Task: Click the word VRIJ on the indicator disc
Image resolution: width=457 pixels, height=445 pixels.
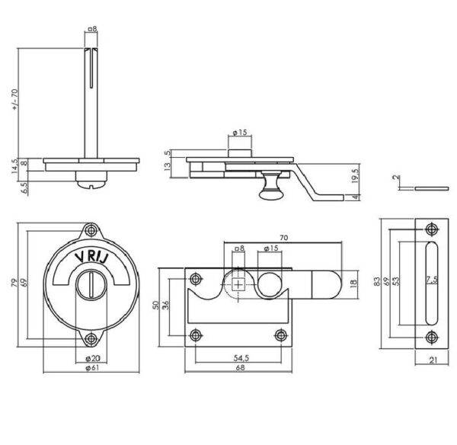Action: (91, 257)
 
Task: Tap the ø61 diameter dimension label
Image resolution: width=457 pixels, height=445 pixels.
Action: (92, 368)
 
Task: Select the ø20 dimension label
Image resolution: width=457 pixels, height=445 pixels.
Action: (92, 358)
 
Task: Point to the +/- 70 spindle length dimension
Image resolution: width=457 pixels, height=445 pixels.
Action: (15, 100)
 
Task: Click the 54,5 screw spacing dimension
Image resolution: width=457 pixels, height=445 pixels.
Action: (241, 358)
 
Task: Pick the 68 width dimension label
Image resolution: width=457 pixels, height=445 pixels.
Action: (240, 368)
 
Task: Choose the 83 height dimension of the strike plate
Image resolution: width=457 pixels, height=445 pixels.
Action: (377, 281)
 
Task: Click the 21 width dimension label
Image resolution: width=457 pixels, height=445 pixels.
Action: (433, 360)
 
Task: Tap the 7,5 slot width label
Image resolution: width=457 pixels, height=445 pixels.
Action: (432, 280)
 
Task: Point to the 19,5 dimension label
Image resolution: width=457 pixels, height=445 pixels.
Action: (355, 175)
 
